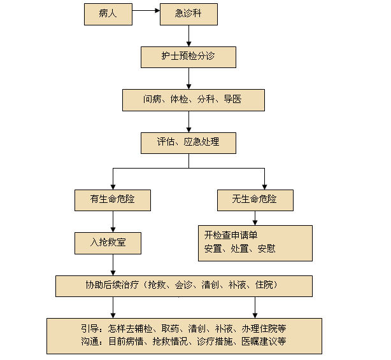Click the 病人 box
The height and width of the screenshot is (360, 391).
point(108,14)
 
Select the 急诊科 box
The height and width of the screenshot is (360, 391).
point(188,14)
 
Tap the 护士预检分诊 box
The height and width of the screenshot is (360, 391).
point(188,57)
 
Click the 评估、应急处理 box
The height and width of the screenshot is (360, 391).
point(188,142)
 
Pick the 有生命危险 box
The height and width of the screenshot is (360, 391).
point(113,200)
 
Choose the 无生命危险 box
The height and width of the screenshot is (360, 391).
point(255,200)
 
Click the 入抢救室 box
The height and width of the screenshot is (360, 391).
point(113,242)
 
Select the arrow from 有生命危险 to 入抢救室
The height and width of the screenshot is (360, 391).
point(113,221)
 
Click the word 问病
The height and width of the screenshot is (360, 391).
point(152,99)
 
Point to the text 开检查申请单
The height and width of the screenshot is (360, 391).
point(231,235)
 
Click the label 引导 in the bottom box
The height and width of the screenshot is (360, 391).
point(90,328)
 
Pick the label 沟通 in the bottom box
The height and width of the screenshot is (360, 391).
point(90,341)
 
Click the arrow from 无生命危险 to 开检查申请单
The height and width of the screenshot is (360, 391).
point(255,218)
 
